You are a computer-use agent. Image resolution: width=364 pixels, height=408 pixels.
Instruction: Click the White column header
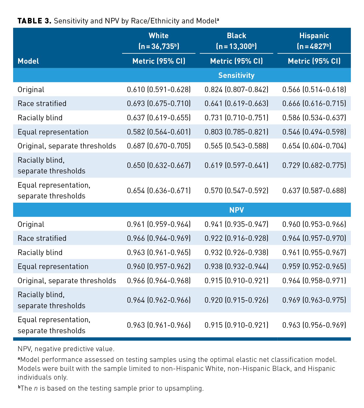click(159, 36)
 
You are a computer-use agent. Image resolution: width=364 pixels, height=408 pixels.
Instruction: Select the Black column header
click(236, 36)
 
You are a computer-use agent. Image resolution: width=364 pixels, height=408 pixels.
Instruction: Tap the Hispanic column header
click(314, 36)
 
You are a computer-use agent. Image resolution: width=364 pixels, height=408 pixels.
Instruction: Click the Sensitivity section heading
click(236, 76)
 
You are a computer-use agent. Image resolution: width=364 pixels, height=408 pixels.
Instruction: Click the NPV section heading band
click(236, 210)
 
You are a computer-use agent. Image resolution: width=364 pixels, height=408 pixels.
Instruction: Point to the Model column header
click(28, 61)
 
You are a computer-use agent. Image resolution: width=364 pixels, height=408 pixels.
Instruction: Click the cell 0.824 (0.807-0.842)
click(236, 89)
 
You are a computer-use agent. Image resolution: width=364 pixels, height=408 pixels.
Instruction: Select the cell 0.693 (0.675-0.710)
click(159, 103)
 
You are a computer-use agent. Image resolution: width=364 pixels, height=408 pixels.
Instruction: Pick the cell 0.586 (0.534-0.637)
click(314, 118)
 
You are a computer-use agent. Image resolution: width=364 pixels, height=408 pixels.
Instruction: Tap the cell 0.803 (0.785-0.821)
click(236, 132)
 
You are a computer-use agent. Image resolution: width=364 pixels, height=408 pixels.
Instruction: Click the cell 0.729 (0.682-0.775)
click(314, 165)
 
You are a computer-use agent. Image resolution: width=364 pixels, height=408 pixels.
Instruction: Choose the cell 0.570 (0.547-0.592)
click(236, 190)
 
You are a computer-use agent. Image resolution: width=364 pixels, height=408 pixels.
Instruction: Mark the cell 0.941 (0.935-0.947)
click(236, 224)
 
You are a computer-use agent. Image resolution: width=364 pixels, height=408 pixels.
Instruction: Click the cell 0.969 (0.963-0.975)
click(314, 300)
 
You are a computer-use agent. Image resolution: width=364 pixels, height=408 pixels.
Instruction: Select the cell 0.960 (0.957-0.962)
click(159, 266)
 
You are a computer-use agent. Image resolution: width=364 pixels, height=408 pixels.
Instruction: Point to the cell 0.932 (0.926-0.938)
click(236, 252)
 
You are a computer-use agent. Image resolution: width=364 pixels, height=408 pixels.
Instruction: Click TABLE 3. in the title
click(34, 21)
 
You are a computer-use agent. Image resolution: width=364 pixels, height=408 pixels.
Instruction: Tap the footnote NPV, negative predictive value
click(66, 349)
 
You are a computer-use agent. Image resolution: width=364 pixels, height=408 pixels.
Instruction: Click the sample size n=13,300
click(236, 47)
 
